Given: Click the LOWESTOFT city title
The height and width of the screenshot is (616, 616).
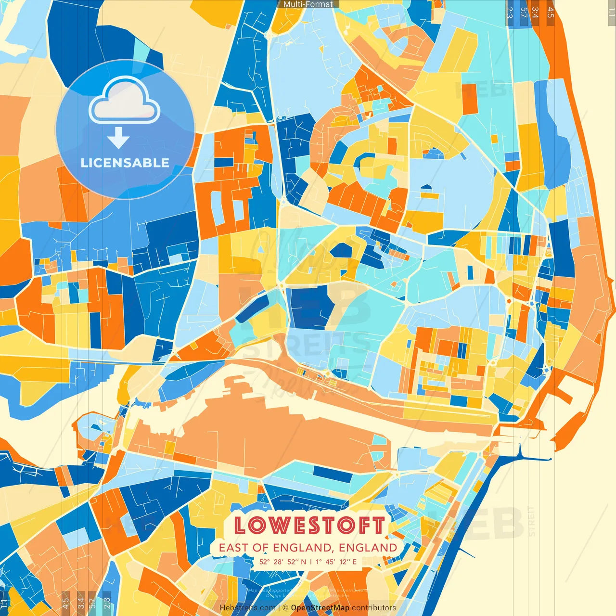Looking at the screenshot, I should [x=309, y=525].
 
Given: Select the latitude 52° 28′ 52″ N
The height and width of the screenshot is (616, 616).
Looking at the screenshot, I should [x=282, y=562].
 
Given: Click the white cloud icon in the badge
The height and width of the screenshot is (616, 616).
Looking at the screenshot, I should [x=125, y=101].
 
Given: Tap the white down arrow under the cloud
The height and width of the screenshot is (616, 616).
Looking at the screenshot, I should [x=118, y=139].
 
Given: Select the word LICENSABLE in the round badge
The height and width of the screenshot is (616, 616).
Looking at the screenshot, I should [x=125, y=163].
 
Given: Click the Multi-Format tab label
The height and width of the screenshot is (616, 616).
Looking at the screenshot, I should [x=308, y=4].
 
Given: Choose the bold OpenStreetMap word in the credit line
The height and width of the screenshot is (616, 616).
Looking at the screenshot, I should [x=320, y=608].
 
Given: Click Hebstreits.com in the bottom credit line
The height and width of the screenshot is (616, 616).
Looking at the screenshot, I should [x=247, y=608].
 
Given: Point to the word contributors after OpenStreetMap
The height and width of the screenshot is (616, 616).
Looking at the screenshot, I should [x=373, y=608].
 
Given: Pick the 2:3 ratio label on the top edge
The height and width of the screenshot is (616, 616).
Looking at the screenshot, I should [x=510, y=13].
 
